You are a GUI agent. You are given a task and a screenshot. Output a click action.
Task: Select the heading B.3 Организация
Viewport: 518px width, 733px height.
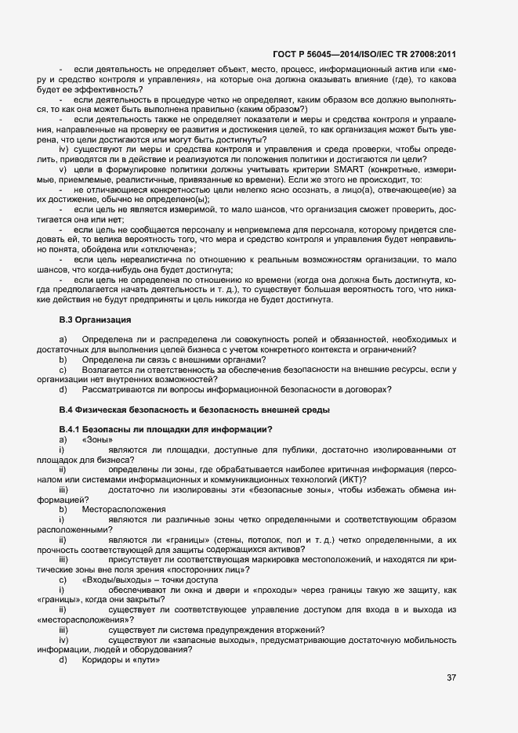click(95, 320)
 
